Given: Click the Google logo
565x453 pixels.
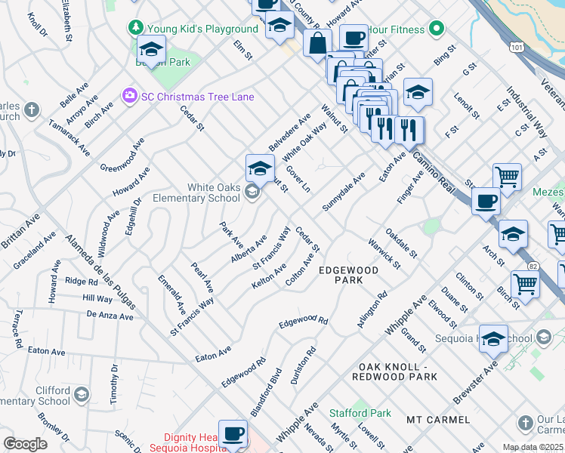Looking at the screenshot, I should point(25,443).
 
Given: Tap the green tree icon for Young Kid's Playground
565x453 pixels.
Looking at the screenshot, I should point(136,28).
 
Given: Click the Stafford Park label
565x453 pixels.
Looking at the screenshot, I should point(360,413).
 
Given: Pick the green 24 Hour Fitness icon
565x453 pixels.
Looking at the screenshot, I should point(436,29).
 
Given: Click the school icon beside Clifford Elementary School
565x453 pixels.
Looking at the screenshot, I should point(81,395).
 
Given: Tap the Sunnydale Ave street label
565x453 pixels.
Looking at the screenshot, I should point(344,192).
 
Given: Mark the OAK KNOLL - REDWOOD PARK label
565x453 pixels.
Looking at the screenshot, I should point(400,370).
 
